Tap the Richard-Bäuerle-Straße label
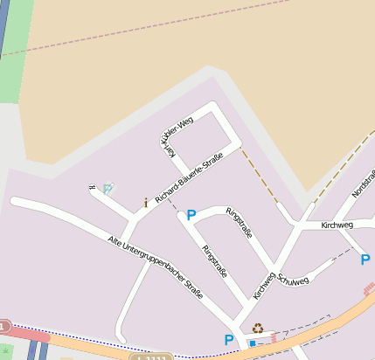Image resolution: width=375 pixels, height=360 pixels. (189, 179)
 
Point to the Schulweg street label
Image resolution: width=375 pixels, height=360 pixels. (293, 281)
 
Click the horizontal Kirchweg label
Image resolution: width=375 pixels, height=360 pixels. (337, 225)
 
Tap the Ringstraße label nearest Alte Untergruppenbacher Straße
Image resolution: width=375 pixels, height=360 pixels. (214, 262)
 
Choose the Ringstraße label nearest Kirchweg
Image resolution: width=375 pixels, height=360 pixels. (239, 224)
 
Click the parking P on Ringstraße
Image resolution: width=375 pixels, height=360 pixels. (191, 215)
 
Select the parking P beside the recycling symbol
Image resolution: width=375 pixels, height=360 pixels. (229, 340)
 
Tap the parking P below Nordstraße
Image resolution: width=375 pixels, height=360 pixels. (365, 259)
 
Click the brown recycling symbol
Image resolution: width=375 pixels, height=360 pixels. (258, 329)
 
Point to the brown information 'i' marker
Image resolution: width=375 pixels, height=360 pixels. (146, 203)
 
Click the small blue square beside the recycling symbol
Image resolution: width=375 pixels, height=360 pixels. (253, 343)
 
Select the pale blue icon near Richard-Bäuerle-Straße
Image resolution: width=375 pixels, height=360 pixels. (108, 188)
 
